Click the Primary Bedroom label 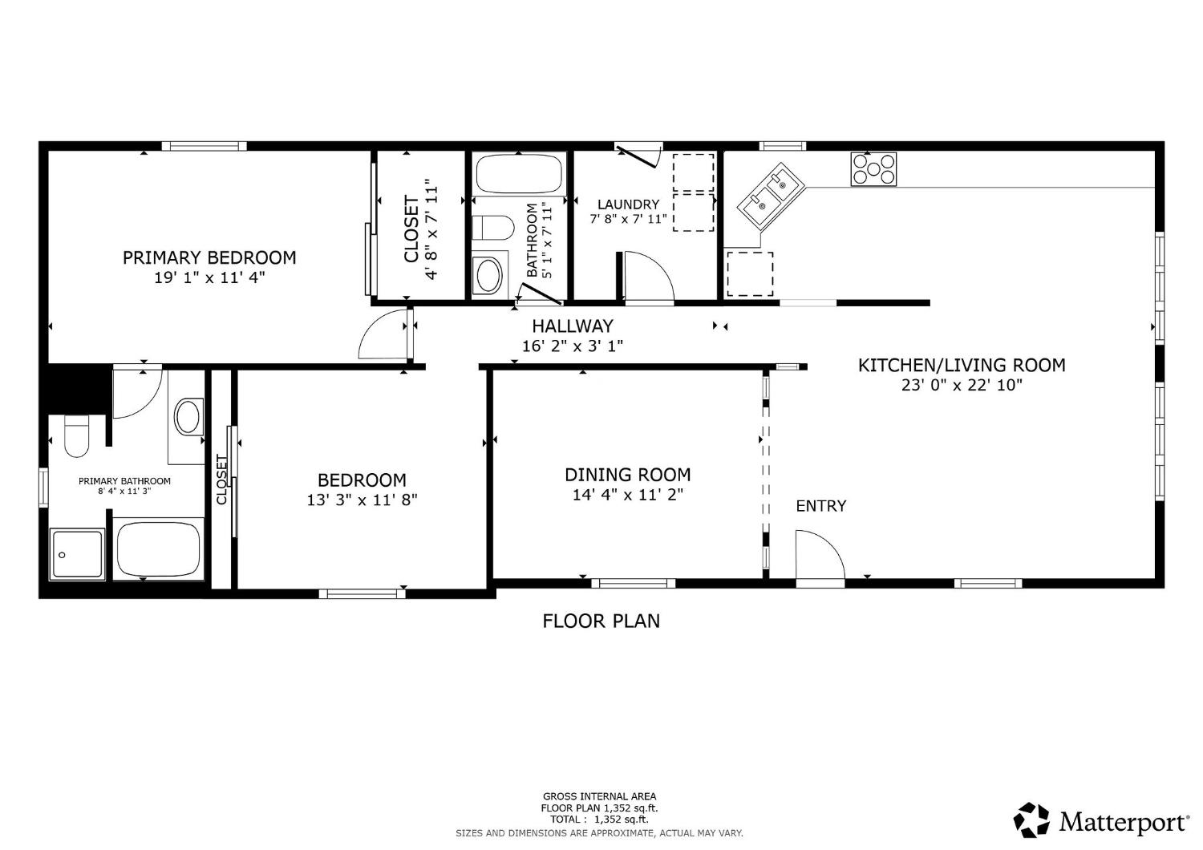click(x=209, y=257)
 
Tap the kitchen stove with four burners click(x=873, y=169)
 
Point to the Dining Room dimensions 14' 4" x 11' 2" click(x=627, y=495)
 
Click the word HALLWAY click(x=573, y=326)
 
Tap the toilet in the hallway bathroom click(x=492, y=228)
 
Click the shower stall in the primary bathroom click(x=77, y=553)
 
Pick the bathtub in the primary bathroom click(x=158, y=548)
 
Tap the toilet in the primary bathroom click(x=76, y=437)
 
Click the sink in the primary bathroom click(x=188, y=417)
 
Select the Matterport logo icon click(x=1031, y=820)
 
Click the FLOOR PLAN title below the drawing click(x=601, y=621)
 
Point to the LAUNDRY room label click(x=628, y=204)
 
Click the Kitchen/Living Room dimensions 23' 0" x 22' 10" click(x=962, y=385)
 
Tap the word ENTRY click(x=820, y=506)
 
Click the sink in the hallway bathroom click(x=488, y=275)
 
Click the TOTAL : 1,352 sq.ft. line click(x=599, y=820)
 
